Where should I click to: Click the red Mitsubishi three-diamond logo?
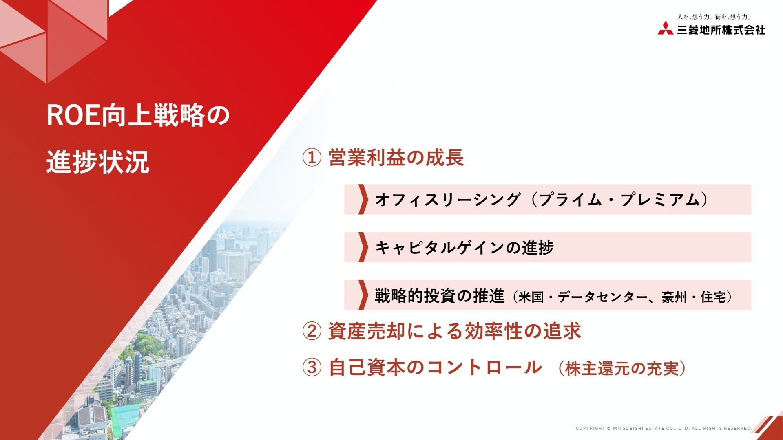[666, 28]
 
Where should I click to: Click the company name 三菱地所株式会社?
[721, 30]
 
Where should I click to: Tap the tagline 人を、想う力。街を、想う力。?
[714, 17]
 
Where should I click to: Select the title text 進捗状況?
[98, 162]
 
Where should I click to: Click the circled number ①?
[312, 158]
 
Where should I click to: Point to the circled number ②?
[312, 331]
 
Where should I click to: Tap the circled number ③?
[312, 367]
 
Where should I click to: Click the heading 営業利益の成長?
[396, 158]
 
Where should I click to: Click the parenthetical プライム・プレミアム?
[620, 200]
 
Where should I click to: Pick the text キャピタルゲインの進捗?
[464, 248]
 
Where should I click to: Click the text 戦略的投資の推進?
[440, 296]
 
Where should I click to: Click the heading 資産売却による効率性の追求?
[454, 331]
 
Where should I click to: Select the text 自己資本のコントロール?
[435, 367]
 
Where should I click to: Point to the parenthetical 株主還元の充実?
[622, 369]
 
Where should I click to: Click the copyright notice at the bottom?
[663, 428]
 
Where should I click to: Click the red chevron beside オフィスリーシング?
[362, 200]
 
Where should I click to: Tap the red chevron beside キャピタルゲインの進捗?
[362, 247]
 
